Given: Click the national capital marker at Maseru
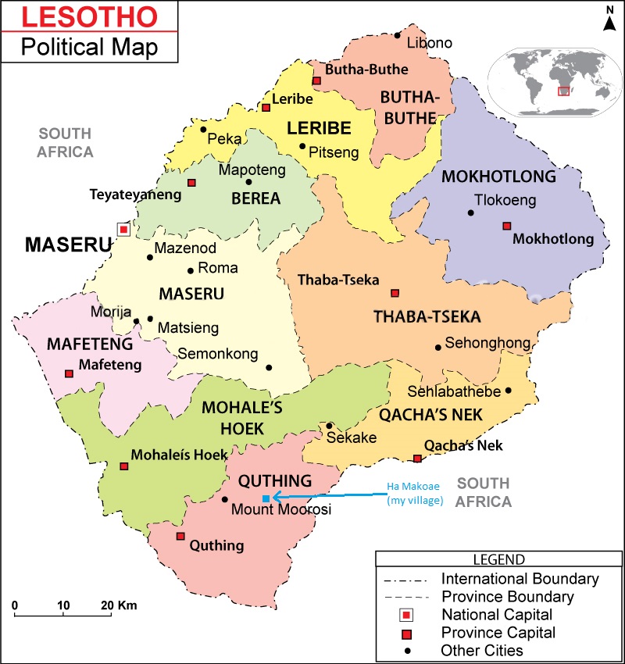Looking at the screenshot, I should (x=123, y=229).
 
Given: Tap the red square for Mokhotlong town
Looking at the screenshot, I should (x=506, y=226).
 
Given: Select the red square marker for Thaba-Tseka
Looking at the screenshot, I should (x=395, y=293).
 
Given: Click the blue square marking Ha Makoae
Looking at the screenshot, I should (x=266, y=498).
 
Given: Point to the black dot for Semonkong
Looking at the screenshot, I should (x=269, y=367).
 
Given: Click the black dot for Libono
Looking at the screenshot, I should (x=398, y=35).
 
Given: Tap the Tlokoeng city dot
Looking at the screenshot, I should (x=470, y=212).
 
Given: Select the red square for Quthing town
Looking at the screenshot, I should (x=180, y=536).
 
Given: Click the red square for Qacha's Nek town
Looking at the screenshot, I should (x=417, y=459).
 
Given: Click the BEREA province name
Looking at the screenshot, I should (x=255, y=198).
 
